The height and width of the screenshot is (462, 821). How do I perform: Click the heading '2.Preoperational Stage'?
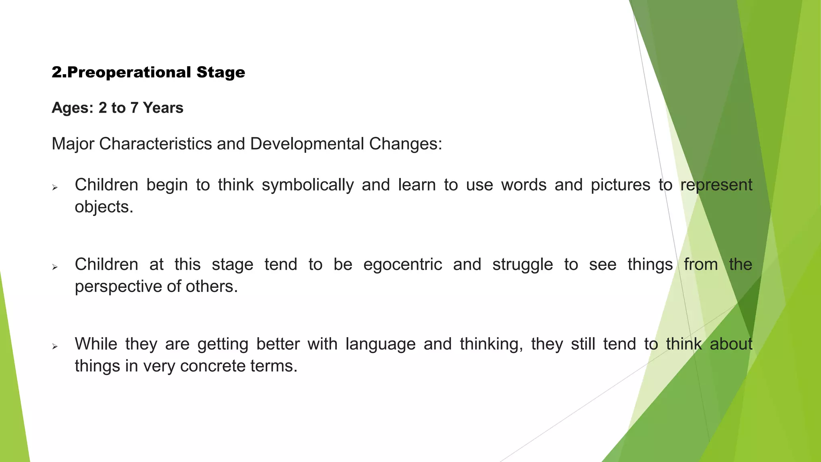[x=148, y=73]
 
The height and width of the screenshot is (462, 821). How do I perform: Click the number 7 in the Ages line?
[x=134, y=108]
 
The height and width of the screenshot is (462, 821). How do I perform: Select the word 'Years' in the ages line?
[x=163, y=108]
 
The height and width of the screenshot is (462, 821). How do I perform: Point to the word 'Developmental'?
[x=307, y=144]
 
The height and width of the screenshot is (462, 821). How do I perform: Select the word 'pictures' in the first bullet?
[x=621, y=185]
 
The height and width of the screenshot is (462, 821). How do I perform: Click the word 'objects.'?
[x=104, y=207]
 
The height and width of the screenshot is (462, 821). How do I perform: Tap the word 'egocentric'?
[x=402, y=265]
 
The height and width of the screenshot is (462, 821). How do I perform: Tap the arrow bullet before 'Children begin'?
[x=55, y=187]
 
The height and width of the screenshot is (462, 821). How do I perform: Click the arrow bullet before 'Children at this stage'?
[x=55, y=267]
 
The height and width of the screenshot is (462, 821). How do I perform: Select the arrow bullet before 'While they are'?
[x=55, y=346]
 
